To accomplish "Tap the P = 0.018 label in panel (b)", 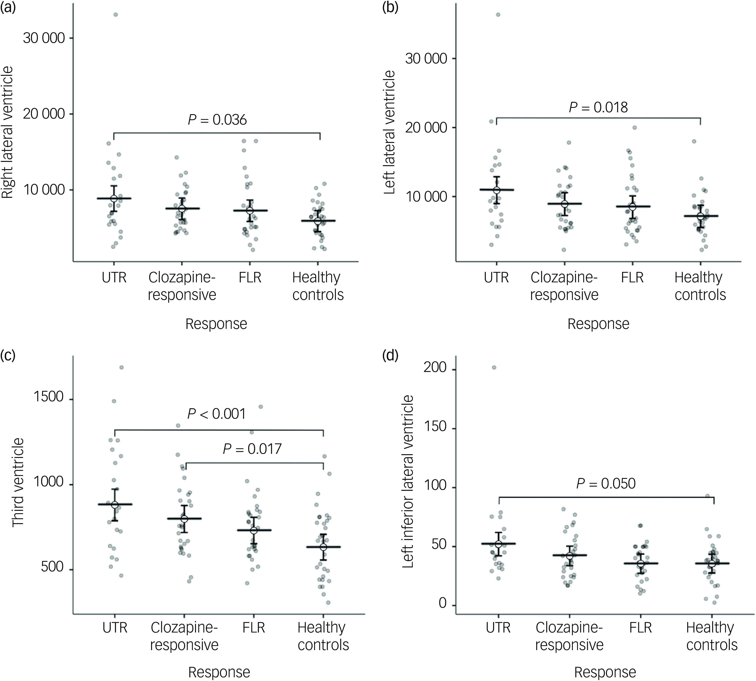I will click(598, 107).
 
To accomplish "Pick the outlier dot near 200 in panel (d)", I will click(494, 367).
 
